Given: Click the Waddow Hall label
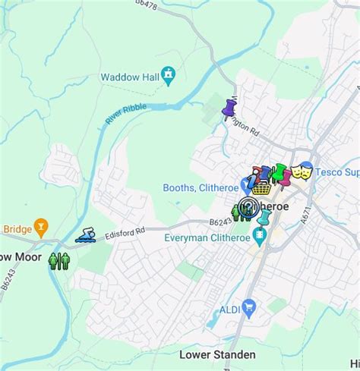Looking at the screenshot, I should point(129,77).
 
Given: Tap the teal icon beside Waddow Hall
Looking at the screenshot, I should point(168,75).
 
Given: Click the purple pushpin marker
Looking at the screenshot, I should point(229,109).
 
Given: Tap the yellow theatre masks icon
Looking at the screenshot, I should point(302,171).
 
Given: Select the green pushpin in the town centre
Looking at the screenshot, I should point(279,172).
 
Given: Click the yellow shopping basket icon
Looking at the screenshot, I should point(262,186).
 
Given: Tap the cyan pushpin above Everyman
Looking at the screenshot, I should point(264,219).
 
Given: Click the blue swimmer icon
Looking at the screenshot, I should point(85,234).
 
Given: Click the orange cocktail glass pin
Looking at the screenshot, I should point(41,225).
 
